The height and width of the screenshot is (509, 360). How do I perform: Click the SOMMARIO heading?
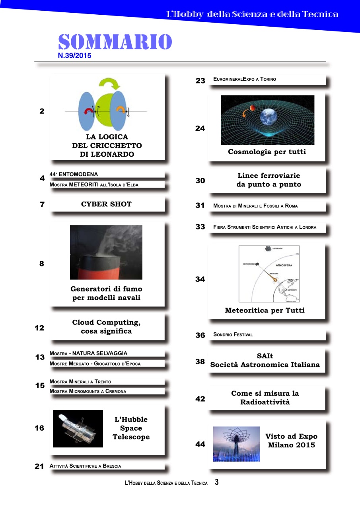[x=115, y=42]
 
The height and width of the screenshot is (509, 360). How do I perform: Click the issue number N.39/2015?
[x=74, y=56]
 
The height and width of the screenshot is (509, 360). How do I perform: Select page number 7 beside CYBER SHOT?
[x=42, y=204]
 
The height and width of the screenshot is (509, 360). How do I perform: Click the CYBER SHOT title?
[x=106, y=204]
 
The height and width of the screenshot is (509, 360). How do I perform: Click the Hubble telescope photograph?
[x=78, y=428]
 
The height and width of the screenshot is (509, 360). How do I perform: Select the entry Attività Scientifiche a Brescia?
[x=85, y=466]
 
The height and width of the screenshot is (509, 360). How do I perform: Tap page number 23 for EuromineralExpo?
[x=200, y=81]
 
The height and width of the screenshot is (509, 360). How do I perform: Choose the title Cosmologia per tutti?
[x=267, y=152]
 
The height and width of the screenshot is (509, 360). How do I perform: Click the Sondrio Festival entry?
[x=233, y=334]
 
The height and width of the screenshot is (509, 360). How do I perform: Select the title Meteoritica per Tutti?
[x=265, y=310]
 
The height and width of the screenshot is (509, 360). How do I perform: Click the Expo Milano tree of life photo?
[x=236, y=444]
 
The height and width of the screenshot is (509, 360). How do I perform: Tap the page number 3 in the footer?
[x=216, y=482]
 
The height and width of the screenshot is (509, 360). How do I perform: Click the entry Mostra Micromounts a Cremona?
[x=88, y=391]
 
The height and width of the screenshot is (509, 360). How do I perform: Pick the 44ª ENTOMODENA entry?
[x=74, y=174]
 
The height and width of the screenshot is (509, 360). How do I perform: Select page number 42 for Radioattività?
[x=200, y=399]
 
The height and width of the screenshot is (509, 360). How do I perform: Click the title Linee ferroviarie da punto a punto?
[x=269, y=180]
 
